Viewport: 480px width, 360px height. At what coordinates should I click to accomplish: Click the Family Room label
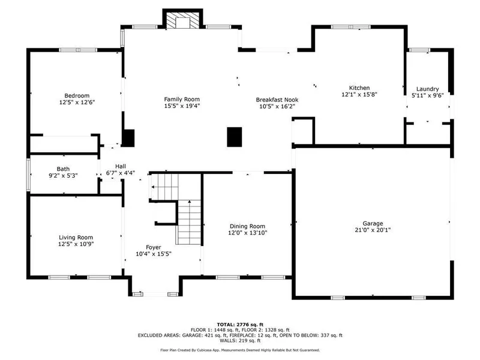tap(182, 99)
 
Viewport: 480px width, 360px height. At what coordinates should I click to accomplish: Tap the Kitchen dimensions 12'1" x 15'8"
tap(359, 95)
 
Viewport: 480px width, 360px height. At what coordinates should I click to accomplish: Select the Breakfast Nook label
tap(277, 100)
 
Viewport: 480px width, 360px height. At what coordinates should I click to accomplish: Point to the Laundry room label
tap(428, 89)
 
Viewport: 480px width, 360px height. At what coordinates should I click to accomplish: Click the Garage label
tap(373, 223)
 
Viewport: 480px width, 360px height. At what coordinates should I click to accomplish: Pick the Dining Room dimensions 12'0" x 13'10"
tap(248, 233)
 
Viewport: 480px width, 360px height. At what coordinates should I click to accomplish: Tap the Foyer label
tap(154, 247)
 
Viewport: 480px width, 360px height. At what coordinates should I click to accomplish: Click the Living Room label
tap(76, 238)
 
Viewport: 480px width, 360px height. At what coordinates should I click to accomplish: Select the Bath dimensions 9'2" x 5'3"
tap(63, 176)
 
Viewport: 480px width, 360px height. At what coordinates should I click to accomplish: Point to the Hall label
tap(121, 166)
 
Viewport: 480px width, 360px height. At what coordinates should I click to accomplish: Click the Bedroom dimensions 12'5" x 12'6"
tap(77, 102)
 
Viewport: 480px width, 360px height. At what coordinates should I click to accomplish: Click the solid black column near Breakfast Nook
tap(235, 137)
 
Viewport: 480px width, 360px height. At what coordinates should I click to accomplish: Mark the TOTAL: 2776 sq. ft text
tap(240, 325)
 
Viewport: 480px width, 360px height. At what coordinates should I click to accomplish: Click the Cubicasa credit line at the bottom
tap(240, 350)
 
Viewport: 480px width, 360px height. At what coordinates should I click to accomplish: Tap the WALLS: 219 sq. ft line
tap(240, 340)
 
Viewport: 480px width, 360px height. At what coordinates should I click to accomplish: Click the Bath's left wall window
tap(28, 175)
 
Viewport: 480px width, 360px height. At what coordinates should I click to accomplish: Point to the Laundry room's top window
tap(419, 50)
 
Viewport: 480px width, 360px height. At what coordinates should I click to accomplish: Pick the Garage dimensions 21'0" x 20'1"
tap(373, 230)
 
